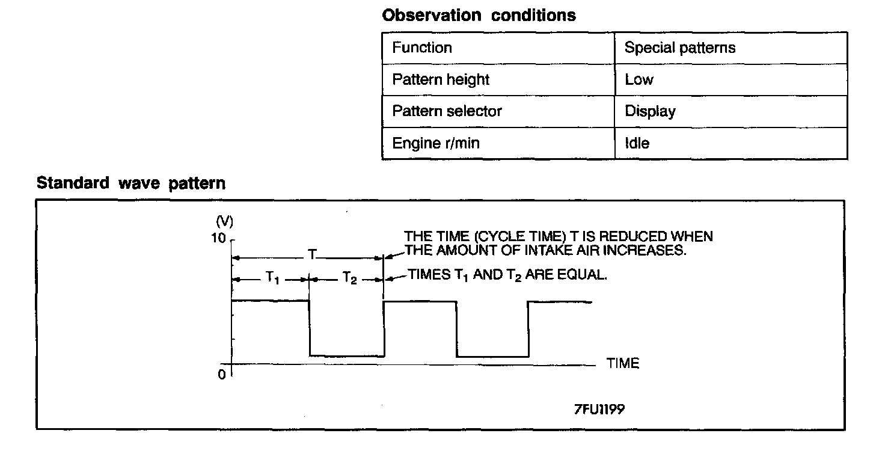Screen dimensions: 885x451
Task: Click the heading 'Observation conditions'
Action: (x=479, y=16)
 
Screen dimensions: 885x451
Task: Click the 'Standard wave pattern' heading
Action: (x=131, y=183)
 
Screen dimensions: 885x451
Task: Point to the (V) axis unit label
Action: (x=224, y=221)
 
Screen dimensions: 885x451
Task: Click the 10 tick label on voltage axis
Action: (x=218, y=239)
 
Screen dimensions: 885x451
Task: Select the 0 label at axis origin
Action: (x=221, y=374)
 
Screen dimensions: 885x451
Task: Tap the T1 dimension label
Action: (x=272, y=278)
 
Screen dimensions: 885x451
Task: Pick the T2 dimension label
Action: (x=349, y=278)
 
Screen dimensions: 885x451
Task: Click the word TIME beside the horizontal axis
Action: (x=622, y=363)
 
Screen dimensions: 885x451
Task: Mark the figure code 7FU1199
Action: (x=599, y=410)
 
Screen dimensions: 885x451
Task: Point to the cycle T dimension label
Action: (x=312, y=255)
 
